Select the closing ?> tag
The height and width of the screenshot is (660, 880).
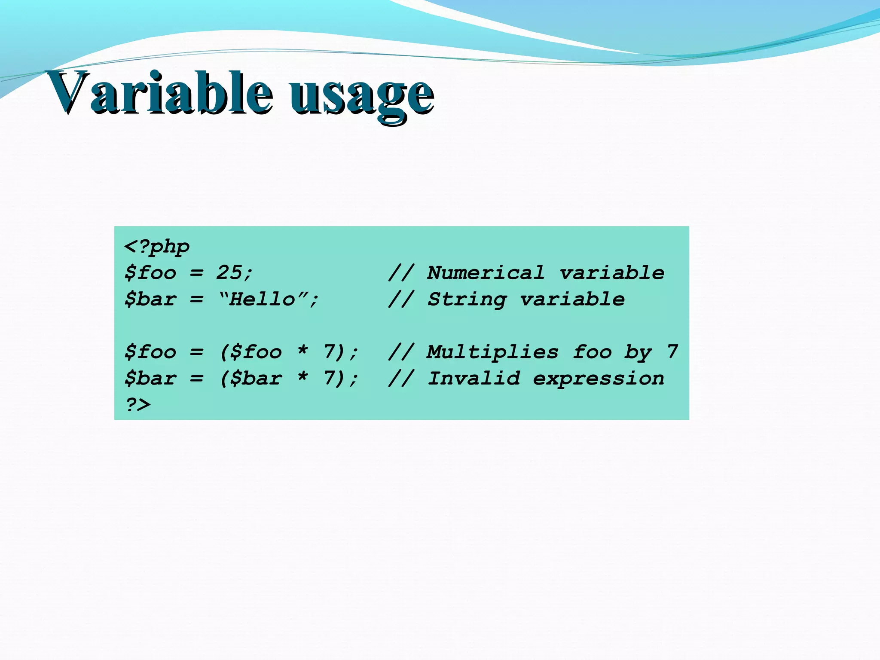[x=138, y=405]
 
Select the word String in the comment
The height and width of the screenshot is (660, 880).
[x=467, y=299]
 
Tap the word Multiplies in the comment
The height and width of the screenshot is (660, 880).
[x=492, y=352]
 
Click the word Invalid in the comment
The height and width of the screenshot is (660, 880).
[x=474, y=379]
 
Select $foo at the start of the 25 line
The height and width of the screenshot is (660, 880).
[x=150, y=273]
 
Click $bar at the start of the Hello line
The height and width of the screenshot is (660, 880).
[x=150, y=299]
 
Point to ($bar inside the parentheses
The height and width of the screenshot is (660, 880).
[x=251, y=379]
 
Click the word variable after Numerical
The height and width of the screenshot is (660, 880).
[x=612, y=273]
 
